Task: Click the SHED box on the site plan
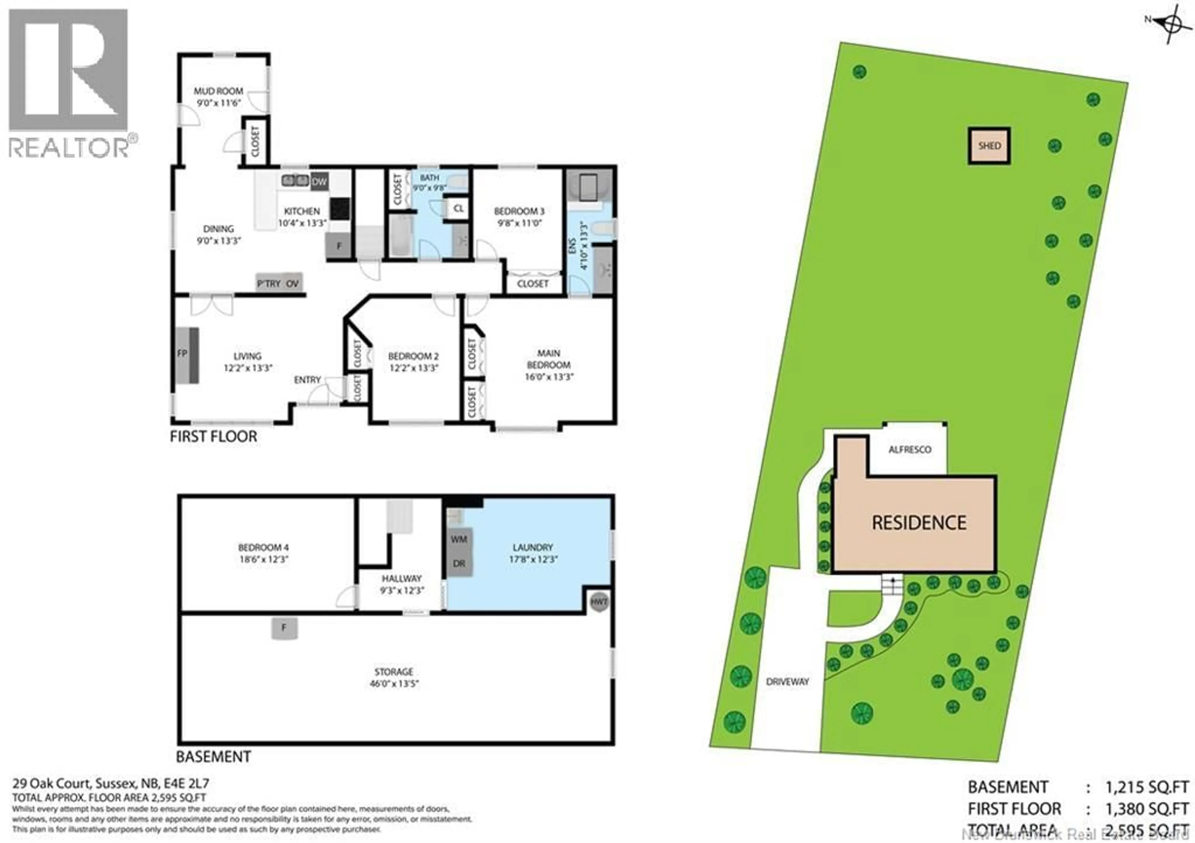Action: tap(989, 146)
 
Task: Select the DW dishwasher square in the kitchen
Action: tap(319, 182)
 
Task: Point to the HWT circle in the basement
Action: tap(599, 602)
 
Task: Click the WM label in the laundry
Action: tap(458, 539)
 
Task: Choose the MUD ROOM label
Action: tap(218, 91)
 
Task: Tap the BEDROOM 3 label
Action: tap(519, 211)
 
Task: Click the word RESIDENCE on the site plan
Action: tap(919, 523)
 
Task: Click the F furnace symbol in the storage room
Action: tap(284, 628)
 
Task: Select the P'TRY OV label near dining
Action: tap(279, 283)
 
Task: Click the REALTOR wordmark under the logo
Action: tap(69, 148)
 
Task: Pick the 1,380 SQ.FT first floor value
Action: tap(1146, 809)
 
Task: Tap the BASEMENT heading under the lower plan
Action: tap(213, 757)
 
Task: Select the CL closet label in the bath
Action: tap(458, 209)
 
